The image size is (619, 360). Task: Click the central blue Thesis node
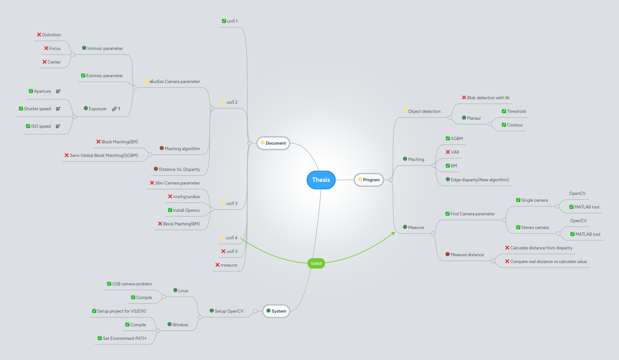click(x=321, y=180)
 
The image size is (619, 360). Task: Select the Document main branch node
click(x=273, y=143)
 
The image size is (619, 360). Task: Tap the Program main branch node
click(x=369, y=180)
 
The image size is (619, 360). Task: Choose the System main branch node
click(x=276, y=311)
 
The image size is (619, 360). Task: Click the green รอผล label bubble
click(x=316, y=263)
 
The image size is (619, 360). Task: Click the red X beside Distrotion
click(x=39, y=35)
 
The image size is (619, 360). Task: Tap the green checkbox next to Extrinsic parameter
click(x=83, y=76)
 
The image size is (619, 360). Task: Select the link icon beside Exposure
click(x=114, y=109)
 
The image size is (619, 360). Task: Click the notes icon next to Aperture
click(x=58, y=91)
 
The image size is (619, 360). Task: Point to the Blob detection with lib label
click(x=488, y=98)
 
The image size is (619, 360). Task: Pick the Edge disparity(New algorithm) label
click(x=479, y=180)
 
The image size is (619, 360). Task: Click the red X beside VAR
click(x=448, y=152)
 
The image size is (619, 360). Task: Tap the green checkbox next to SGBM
click(x=448, y=138)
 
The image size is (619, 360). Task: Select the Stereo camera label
click(x=535, y=228)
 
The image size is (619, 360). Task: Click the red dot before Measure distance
click(x=447, y=255)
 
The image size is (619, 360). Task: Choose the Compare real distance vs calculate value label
click(x=548, y=262)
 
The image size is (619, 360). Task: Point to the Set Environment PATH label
click(x=124, y=339)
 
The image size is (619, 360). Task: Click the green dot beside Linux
click(x=175, y=291)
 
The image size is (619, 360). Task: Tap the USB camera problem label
click(x=132, y=284)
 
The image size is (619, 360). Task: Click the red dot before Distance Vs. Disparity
click(x=156, y=169)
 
